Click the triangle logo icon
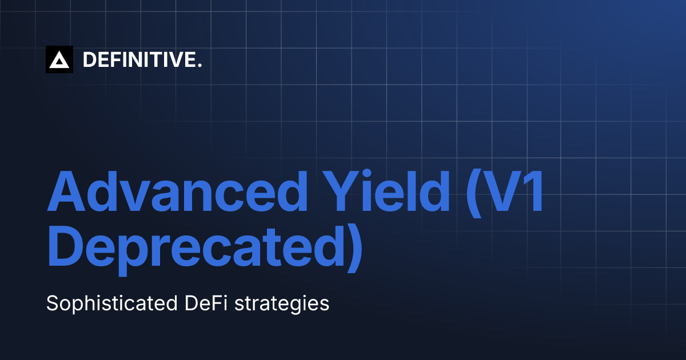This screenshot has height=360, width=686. [x=59, y=59]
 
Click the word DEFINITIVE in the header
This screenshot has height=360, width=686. [x=139, y=59]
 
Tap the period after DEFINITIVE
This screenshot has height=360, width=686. [x=200, y=66]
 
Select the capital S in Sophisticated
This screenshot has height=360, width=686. [x=52, y=302]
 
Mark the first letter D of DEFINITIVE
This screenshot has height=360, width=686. [x=89, y=59]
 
